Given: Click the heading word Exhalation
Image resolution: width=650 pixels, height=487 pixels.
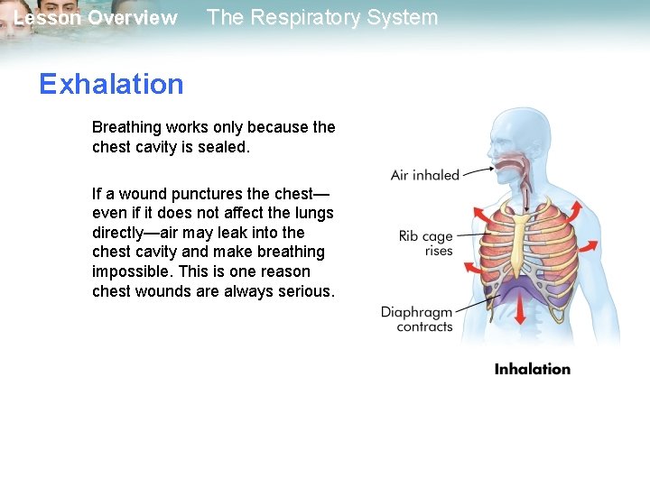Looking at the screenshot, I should pyautogui.click(x=111, y=84).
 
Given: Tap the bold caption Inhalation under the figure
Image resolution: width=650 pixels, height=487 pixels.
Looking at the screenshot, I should pyautogui.click(x=533, y=369).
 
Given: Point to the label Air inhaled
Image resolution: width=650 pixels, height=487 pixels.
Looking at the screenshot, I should pyautogui.click(x=425, y=175).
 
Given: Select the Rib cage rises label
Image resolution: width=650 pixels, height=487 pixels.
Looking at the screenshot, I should pyautogui.click(x=426, y=243).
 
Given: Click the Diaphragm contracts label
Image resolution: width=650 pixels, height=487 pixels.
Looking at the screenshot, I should pyautogui.click(x=416, y=319).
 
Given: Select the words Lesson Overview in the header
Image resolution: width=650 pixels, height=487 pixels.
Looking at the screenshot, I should pyautogui.click(x=96, y=18).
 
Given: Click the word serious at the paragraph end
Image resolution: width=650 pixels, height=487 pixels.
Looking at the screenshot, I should pyautogui.click(x=305, y=291).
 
